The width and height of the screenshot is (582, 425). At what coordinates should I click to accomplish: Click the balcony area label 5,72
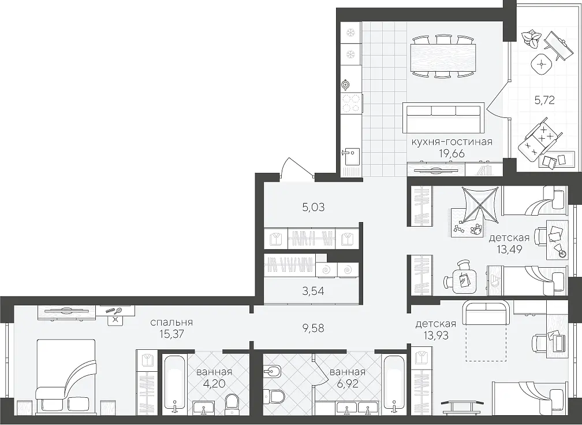pyautogui.click(x=544, y=100)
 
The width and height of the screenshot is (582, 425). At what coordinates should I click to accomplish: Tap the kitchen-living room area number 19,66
pyautogui.click(x=452, y=153)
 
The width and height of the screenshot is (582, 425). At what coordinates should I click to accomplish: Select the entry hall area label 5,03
pyautogui.click(x=314, y=207)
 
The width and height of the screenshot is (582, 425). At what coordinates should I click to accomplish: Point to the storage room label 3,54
pyautogui.click(x=313, y=291)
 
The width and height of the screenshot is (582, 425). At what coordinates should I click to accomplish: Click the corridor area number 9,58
pyautogui.click(x=314, y=328)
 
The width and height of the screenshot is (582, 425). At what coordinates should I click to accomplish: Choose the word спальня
pyautogui.click(x=171, y=323)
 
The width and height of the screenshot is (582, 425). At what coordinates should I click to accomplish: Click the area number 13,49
pyautogui.click(x=510, y=249)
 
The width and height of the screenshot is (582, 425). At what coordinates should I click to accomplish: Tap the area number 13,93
pyautogui.click(x=436, y=336)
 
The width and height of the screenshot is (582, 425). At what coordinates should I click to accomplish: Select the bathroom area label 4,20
pyautogui.click(x=214, y=383)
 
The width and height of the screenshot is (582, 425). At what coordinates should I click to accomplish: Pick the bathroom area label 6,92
pyautogui.click(x=347, y=383)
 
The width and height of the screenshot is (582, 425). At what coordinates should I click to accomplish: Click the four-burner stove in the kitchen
pyautogui.click(x=351, y=104)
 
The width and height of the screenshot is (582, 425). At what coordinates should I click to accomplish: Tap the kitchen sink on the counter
pyautogui.click(x=350, y=157)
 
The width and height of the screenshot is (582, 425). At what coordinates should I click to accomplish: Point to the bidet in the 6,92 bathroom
pyautogui.click(x=272, y=371)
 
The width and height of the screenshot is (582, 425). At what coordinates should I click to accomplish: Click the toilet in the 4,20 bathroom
pyautogui.click(x=232, y=402)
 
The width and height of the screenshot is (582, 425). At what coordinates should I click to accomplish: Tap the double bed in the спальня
pyautogui.click(x=66, y=375)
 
